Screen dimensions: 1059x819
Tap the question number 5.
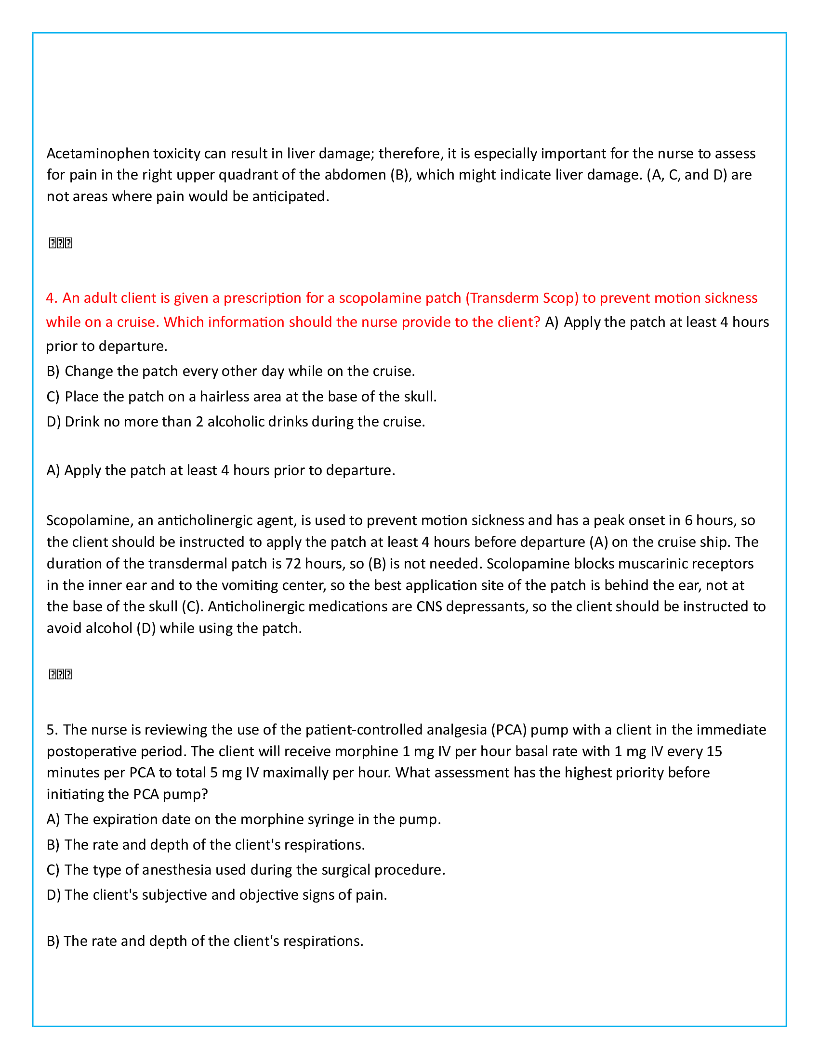52,730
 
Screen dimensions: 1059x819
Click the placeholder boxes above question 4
61,243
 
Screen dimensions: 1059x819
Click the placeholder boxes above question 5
61,674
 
